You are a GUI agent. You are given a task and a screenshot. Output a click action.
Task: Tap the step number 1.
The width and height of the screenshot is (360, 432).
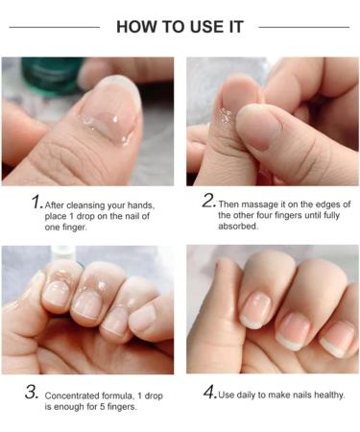tap(36, 203)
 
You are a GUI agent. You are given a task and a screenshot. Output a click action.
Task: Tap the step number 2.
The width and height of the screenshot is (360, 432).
tap(208, 202)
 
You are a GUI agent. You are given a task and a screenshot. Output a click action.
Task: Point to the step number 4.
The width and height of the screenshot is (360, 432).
tap(208, 392)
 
